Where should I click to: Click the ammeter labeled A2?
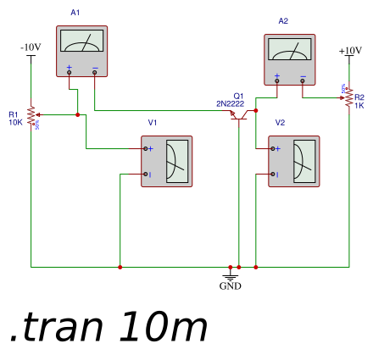coord(289,59)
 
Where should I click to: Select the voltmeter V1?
coord(166,161)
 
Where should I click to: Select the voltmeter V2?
coord(293,161)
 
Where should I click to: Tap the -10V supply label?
coord(31,47)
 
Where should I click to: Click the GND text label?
coord(230,286)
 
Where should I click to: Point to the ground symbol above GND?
coord(230,274)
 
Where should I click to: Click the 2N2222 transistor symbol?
coord(241,114)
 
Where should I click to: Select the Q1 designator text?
coord(238,96)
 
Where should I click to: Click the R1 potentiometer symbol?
coord(31,114)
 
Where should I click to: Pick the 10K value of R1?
coord(15,122)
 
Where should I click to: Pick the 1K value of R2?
coord(359,105)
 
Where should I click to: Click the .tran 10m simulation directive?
coord(109,327)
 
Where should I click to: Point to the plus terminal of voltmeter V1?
coord(148,148)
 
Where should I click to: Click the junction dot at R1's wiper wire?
coord(77,114)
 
